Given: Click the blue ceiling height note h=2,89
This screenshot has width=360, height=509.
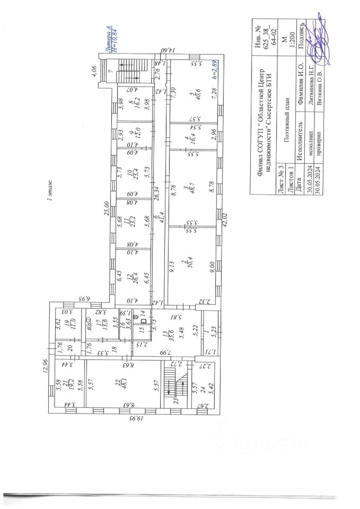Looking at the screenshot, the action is (215, 71).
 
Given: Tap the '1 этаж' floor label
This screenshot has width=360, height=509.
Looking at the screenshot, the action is (49, 197).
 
